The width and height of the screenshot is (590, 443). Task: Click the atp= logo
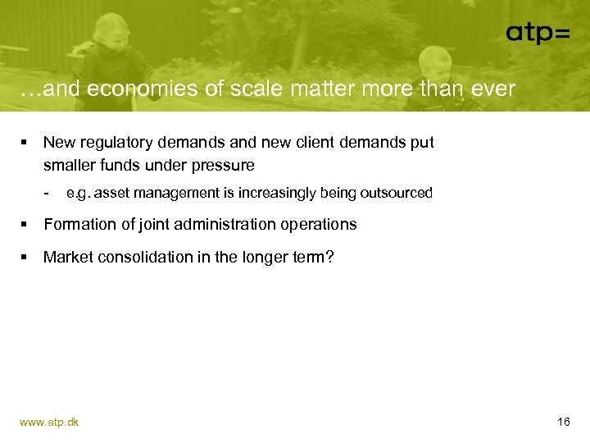tap(538, 33)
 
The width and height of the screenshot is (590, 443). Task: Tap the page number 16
tap(563, 422)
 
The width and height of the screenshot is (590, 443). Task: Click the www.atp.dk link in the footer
tap(49, 422)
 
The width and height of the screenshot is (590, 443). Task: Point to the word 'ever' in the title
tap(494, 89)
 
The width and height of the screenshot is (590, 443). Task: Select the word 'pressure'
tap(225, 166)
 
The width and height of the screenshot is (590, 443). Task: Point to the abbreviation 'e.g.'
tap(79, 194)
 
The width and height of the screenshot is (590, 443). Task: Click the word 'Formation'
tap(79, 225)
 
